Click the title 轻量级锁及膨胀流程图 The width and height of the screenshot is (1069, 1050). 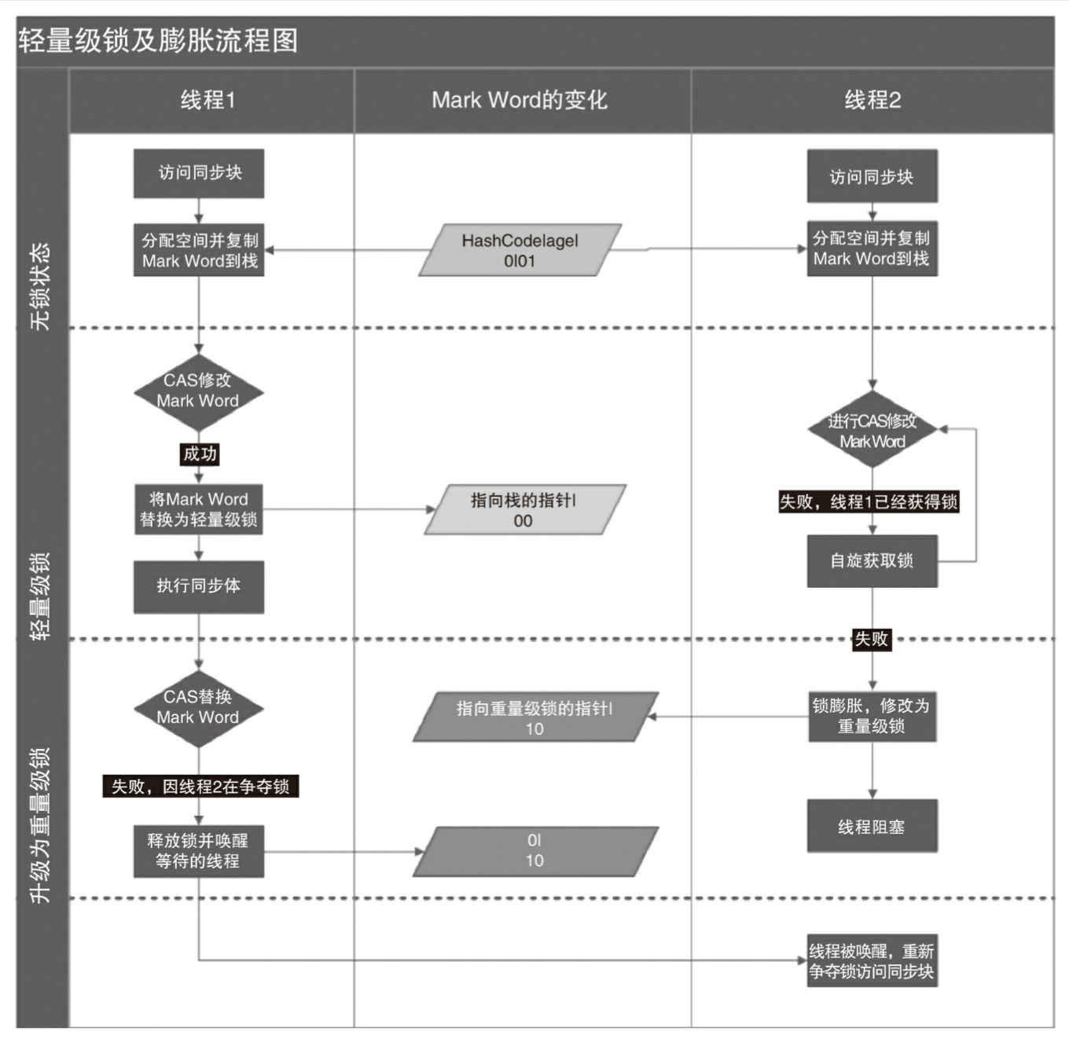click(158, 41)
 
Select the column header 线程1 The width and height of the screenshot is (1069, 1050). click(208, 100)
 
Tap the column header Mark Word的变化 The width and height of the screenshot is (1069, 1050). click(520, 100)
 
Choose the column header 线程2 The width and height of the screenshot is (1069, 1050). click(872, 100)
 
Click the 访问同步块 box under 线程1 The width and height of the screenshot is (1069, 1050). click(199, 173)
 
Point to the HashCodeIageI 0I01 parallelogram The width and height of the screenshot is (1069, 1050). click(520, 251)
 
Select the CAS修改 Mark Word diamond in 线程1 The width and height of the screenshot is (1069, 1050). click(198, 391)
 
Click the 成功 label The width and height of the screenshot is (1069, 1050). click(200, 453)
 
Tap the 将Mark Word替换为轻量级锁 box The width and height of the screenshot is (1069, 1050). click(199, 509)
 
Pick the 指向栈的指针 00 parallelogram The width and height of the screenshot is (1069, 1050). click(524, 510)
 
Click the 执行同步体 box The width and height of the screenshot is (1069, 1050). click(199, 586)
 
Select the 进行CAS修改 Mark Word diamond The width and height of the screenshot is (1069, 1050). click(872, 430)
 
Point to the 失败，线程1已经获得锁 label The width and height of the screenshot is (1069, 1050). click(868, 501)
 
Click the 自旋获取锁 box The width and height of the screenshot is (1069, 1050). click(872, 561)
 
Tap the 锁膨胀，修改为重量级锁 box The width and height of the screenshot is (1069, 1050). click(872, 716)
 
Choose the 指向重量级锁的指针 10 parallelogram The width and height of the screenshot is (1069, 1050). click(535, 718)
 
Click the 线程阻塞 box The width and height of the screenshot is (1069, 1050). click(872, 826)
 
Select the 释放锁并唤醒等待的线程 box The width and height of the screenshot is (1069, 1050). click(199, 851)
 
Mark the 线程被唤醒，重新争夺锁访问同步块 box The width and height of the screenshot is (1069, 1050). click(872, 960)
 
